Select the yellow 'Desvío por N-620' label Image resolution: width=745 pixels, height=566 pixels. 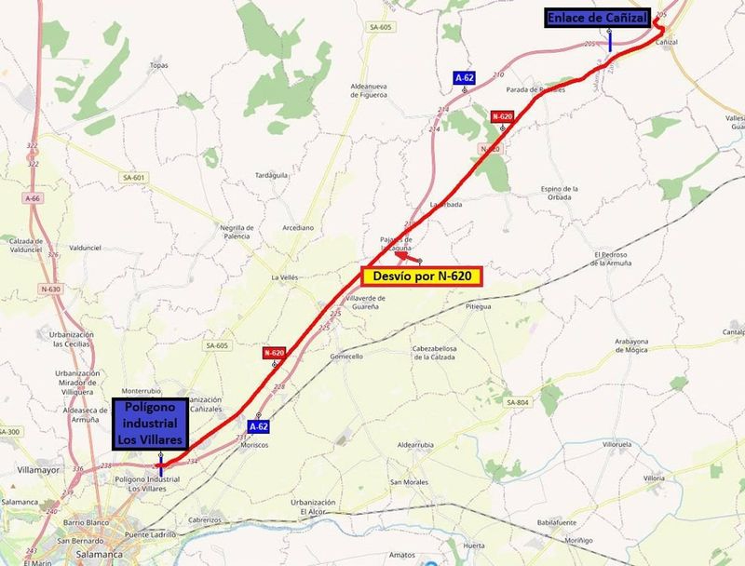tap(421, 276)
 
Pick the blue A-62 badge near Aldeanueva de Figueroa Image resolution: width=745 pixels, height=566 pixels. tap(465, 78)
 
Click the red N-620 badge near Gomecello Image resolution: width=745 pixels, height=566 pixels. tap(274, 352)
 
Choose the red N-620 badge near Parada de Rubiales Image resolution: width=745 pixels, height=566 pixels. tap(502, 116)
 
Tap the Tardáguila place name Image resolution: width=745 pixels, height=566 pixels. tap(271, 174)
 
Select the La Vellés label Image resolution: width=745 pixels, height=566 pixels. tap(283, 277)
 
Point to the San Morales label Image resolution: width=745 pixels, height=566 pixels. tap(408, 481)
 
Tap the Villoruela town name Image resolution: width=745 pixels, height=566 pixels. tap(617, 445)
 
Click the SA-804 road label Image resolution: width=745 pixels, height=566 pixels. tap(518, 401)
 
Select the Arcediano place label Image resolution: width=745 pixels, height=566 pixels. tap(299, 227)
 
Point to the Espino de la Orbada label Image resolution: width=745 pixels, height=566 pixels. tap(561, 193)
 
